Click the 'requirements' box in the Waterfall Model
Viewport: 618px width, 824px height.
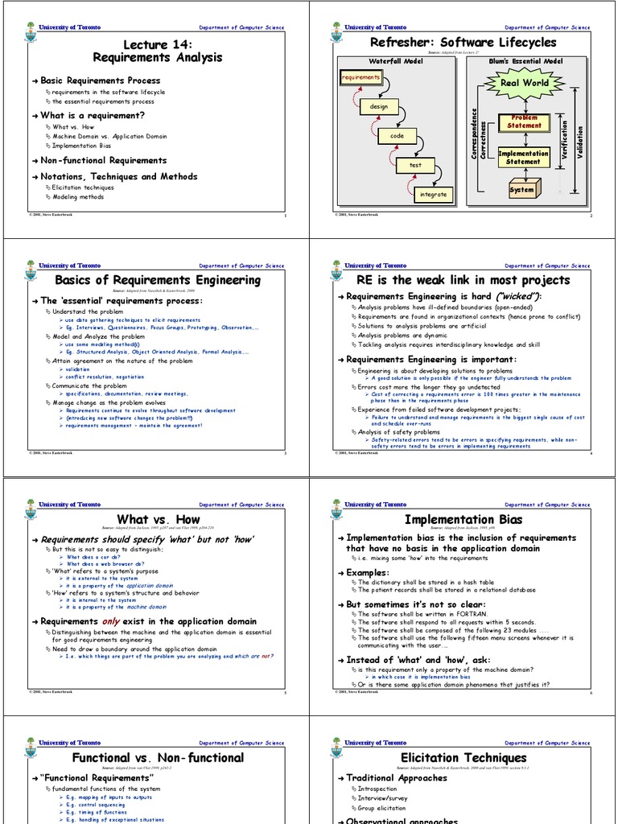(360, 77)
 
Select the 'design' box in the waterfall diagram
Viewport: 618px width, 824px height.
(379, 106)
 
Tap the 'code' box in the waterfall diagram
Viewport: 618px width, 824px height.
(398, 136)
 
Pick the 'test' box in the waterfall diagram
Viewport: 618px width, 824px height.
(415, 165)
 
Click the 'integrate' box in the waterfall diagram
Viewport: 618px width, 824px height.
(434, 194)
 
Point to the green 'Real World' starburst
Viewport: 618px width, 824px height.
(525, 83)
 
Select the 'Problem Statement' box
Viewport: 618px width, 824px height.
(525, 122)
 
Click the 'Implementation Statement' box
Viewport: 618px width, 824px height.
(524, 157)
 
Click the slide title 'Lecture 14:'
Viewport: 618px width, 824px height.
(158, 43)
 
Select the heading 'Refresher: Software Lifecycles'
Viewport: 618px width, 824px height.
(463, 42)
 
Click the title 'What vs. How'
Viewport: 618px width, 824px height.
(158, 519)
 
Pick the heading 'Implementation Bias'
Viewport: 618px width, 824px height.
(463, 519)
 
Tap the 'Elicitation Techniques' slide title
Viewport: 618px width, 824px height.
(463, 757)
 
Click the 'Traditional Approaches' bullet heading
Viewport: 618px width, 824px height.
(397, 778)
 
